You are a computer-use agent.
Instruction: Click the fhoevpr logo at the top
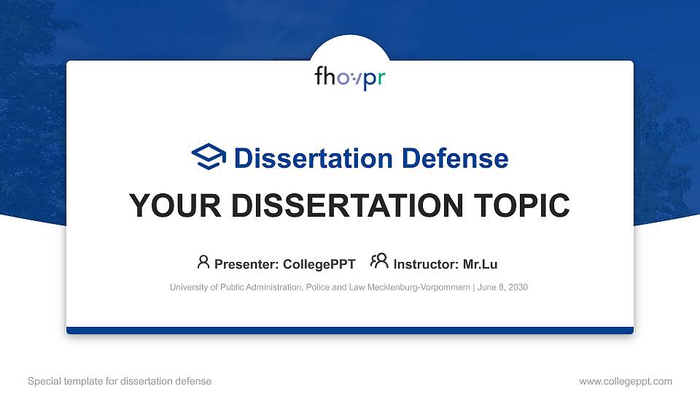pyautogui.click(x=349, y=77)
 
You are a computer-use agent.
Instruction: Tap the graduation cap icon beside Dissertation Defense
pyautogui.click(x=209, y=156)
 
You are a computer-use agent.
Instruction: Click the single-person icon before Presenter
pyautogui.click(x=203, y=262)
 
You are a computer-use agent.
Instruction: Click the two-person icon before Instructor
pyautogui.click(x=379, y=262)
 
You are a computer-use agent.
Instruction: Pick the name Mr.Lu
pyautogui.click(x=481, y=264)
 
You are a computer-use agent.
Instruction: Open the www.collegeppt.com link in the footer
pyautogui.click(x=626, y=381)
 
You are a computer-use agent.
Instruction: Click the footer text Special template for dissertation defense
pyautogui.click(x=120, y=381)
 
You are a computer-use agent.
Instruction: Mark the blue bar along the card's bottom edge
pyautogui.click(x=350, y=331)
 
